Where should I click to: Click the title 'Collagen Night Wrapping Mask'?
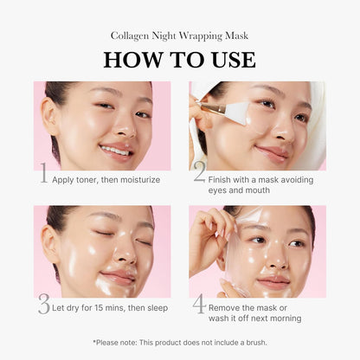tap(179, 35)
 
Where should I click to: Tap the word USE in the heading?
tap(228, 60)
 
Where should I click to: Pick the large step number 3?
tap(44, 304)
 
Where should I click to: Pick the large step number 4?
tap(198, 304)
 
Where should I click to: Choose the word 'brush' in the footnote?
tap(253, 342)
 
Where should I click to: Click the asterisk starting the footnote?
tap(93, 341)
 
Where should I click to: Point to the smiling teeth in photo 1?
tap(114, 149)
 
